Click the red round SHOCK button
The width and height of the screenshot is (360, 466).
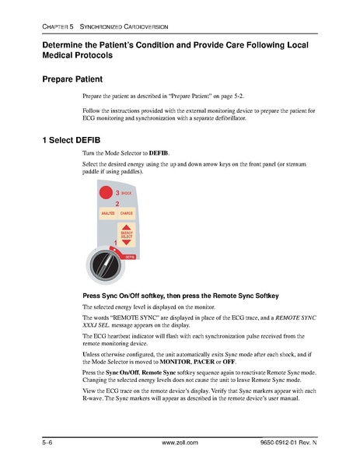[104, 194]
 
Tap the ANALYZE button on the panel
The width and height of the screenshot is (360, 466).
[107, 213]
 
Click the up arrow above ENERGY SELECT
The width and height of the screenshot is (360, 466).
[127, 226]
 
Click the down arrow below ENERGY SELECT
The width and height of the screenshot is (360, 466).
[127, 243]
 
